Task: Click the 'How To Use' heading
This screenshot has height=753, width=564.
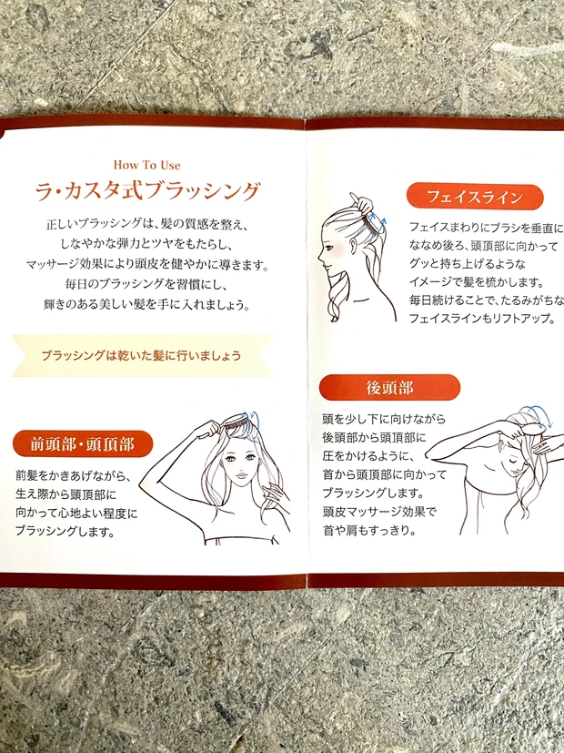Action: pyautogui.click(x=147, y=165)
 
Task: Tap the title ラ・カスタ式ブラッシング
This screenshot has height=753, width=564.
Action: pyautogui.click(x=147, y=192)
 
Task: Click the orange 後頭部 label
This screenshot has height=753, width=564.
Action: pyautogui.click(x=389, y=387)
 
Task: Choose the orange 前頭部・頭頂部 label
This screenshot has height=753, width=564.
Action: pyautogui.click(x=83, y=444)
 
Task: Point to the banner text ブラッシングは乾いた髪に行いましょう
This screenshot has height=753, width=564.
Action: pyautogui.click(x=141, y=356)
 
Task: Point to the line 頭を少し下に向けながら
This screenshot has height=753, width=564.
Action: pyautogui.click(x=384, y=420)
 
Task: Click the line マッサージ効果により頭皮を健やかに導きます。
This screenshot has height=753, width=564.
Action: pyautogui.click(x=146, y=264)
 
